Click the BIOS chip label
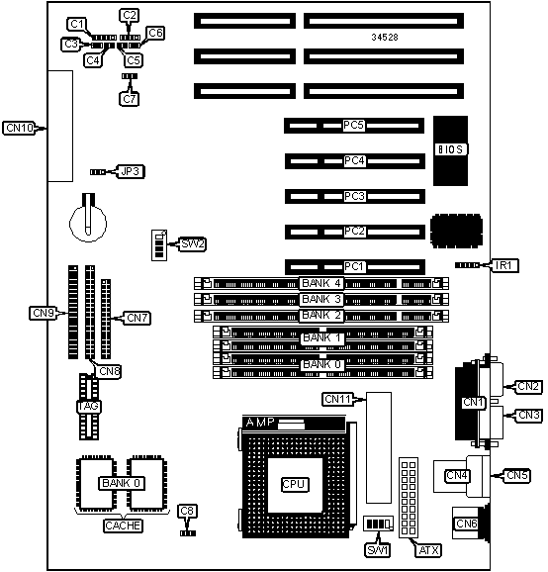[x=451, y=149]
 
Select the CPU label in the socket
[x=295, y=484]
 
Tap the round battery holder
[x=88, y=222]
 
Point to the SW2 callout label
[x=193, y=244]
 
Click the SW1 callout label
[x=377, y=550]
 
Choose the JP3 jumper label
[x=131, y=171]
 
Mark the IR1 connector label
[x=503, y=265]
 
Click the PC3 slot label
[x=354, y=196]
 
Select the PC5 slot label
[x=353, y=125]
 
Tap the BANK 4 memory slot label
[x=321, y=283]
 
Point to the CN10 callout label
[x=20, y=128]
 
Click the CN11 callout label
[x=338, y=399]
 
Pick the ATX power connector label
[x=428, y=550]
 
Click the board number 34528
[x=385, y=37]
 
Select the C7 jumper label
[x=130, y=99]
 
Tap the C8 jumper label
[x=187, y=511]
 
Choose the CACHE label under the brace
[x=123, y=525]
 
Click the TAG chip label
[x=89, y=407]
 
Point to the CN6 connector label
[x=466, y=524]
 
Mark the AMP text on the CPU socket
[x=260, y=423]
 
